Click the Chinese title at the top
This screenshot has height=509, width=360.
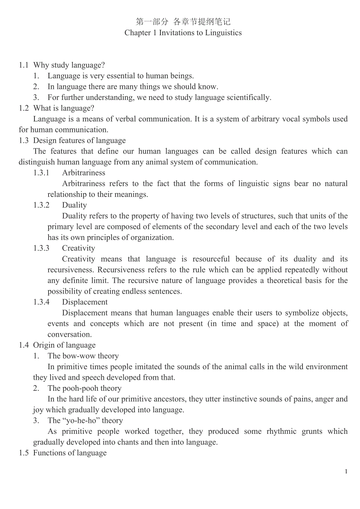click(x=183, y=22)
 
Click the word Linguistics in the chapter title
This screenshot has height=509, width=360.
click(x=222, y=33)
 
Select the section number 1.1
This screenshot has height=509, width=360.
click(x=23, y=65)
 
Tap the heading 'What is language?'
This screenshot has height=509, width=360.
click(x=64, y=108)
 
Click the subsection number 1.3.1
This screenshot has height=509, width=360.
click(x=41, y=173)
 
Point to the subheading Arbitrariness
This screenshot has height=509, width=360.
click(x=84, y=173)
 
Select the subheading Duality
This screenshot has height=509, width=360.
click(x=74, y=205)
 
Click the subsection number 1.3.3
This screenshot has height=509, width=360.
click(x=41, y=248)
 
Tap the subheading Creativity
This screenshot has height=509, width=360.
click(x=78, y=248)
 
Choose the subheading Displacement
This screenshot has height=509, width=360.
click(x=85, y=302)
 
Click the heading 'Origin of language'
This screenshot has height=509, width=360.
click(x=64, y=345)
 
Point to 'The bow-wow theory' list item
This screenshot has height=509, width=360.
click(x=83, y=356)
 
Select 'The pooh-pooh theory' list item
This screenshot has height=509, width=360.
click(x=85, y=388)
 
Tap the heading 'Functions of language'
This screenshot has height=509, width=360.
click(x=70, y=453)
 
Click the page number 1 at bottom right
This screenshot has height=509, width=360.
click(x=346, y=472)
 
